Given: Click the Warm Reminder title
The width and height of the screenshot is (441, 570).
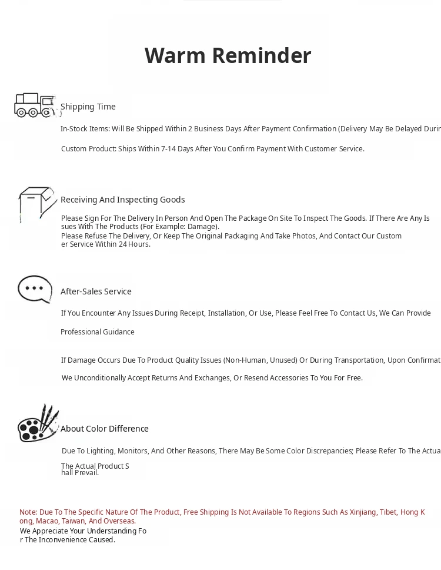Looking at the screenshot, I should (x=228, y=55).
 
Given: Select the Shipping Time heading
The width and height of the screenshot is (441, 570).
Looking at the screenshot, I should (x=88, y=107).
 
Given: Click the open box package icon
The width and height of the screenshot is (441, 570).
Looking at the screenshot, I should (x=37, y=203).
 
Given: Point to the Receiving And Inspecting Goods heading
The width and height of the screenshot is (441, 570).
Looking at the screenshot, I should (x=122, y=200).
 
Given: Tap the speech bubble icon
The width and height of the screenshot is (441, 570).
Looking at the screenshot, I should (x=35, y=289).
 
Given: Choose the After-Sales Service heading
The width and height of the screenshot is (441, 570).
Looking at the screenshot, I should (x=96, y=291).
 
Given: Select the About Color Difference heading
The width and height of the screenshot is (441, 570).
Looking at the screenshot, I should (x=105, y=429).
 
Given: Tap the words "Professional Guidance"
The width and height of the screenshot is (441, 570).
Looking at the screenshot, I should (x=98, y=332).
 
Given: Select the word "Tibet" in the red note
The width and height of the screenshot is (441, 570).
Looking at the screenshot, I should (x=388, y=512).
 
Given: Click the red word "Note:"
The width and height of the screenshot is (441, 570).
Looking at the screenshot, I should (x=28, y=512).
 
